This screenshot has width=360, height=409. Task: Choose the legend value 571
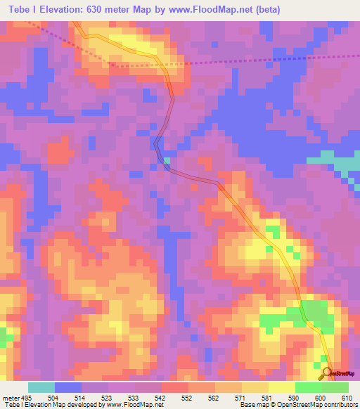242,398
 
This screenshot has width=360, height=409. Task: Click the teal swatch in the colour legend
41,387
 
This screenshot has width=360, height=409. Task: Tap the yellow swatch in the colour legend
281,387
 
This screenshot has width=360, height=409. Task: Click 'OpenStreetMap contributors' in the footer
320,405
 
